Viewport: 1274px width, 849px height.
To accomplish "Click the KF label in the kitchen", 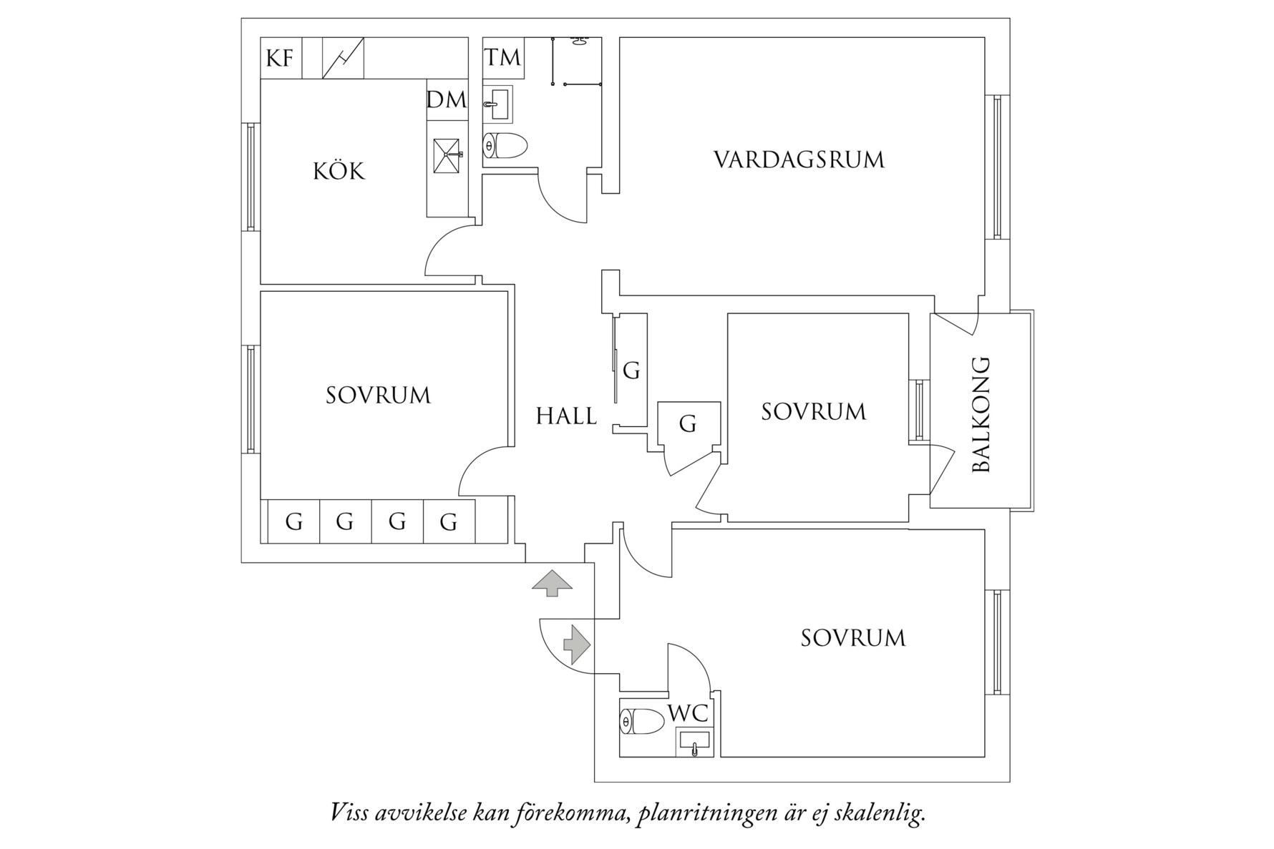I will pos(280,58).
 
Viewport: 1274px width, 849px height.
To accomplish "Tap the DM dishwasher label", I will pos(447,100).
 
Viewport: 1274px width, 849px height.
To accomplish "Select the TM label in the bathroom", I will pos(503,58).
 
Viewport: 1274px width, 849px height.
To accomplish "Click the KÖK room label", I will pos(339,172).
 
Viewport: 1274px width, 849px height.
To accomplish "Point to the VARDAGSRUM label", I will pos(799,160).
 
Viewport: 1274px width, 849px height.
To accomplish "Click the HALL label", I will pos(566,416).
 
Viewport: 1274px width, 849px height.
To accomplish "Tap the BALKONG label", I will pos(981,414).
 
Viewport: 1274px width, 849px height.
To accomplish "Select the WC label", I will pos(688,713).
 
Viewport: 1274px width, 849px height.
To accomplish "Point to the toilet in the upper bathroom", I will pos(505,146).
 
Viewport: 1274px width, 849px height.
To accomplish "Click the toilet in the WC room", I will pos(643,722).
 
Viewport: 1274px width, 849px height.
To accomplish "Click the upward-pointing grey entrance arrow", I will pos(552,583).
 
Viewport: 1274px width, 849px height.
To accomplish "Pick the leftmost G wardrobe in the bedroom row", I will pos(293,522).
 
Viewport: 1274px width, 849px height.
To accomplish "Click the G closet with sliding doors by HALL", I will pos(631,370).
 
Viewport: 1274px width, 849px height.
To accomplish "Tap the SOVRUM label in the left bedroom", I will pos(378,396).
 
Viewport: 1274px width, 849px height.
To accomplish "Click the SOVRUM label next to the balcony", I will pos(813,412).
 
